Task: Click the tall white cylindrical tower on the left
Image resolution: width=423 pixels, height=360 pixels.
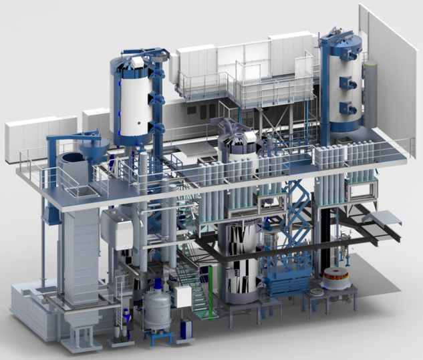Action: [x=132, y=100]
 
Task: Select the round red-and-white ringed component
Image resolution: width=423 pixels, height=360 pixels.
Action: [x=338, y=281]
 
